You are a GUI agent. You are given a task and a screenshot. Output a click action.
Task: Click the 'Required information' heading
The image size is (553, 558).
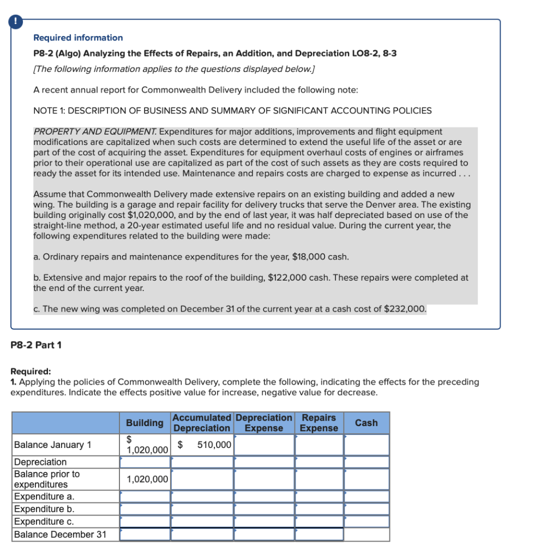point(78,38)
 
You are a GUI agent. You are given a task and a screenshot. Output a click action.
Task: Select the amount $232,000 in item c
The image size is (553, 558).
point(404,309)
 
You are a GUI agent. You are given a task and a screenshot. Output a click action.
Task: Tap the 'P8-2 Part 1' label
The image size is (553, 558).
point(37,345)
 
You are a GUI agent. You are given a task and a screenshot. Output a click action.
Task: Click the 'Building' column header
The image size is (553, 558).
point(145,423)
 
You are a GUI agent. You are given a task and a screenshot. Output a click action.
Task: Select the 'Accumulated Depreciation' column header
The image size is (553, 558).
point(202,423)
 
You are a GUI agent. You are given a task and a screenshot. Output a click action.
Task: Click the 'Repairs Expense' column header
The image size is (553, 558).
point(319,423)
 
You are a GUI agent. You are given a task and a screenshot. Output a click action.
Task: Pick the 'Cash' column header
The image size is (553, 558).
point(366,423)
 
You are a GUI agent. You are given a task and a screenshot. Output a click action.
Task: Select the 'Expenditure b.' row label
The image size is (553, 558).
point(44,509)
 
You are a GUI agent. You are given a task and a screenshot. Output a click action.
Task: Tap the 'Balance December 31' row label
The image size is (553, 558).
point(60,534)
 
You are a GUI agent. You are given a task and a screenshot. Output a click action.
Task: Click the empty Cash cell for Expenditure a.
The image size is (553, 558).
point(366,496)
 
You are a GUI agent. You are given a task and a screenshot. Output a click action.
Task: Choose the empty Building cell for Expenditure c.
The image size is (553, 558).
point(145,521)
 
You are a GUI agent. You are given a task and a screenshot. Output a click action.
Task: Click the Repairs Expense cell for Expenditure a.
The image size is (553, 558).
point(319,496)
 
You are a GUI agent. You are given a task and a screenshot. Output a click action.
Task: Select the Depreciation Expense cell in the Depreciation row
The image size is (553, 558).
point(264,462)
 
